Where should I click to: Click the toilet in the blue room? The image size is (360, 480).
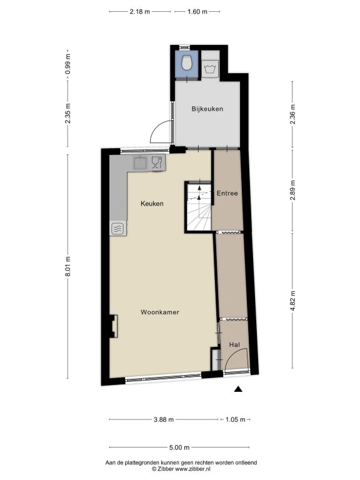click(x=187, y=62)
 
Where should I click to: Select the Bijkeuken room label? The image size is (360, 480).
click(x=207, y=109)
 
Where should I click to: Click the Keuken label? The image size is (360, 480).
click(x=152, y=204)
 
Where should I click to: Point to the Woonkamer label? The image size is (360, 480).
click(x=160, y=312)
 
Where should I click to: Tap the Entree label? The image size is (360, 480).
click(x=227, y=193)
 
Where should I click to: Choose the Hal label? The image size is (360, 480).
click(x=234, y=345)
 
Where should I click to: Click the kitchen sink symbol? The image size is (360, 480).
click(x=141, y=162)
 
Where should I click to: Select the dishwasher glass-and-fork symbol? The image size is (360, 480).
click(x=157, y=162)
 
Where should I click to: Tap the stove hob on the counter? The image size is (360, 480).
click(x=118, y=228)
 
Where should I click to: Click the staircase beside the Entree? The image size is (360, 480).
click(x=199, y=207)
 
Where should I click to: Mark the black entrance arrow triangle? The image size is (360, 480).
click(x=238, y=389)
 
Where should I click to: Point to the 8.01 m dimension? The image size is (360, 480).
click(x=67, y=266)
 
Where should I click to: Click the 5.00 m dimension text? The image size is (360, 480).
click(x=179, y=447)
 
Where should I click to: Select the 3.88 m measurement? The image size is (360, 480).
click(x=164, y=419)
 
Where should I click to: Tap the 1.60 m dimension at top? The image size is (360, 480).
click(x=197, y=12)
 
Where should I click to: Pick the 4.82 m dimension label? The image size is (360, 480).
click(x=292, y=300)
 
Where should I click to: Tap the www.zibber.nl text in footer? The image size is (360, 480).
click(x=192, y=469)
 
